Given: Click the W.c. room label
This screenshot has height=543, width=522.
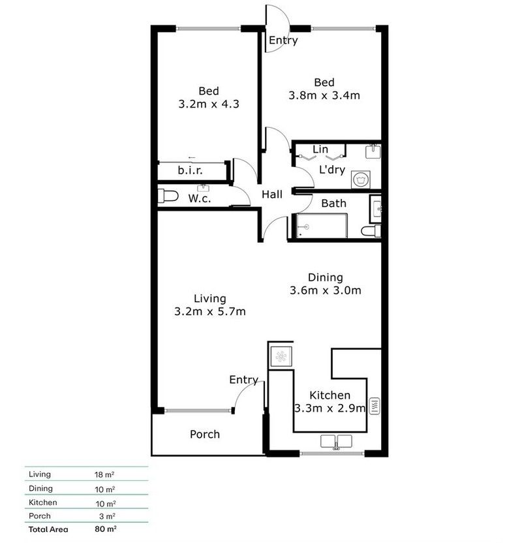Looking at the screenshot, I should [200, 198].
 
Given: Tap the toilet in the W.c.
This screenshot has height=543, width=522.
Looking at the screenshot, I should [168, 196].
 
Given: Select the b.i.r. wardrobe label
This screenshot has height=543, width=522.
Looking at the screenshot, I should [191, 171].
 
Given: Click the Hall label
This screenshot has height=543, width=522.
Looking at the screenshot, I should [272, 194].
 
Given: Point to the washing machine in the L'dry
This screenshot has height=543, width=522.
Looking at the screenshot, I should [358, 178].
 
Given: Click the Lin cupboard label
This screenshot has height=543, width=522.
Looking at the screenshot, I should [320, 149].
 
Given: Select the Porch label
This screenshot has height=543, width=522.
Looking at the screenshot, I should [205, 434].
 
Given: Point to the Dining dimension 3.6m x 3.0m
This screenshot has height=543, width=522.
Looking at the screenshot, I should [325, 290].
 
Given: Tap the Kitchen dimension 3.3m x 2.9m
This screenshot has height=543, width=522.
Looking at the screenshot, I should [330, 408].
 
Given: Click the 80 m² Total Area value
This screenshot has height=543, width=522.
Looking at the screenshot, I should [105, 529].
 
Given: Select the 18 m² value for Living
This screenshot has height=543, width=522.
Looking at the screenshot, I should [104, 474].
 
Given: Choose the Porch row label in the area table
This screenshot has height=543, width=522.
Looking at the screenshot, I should [40, 516].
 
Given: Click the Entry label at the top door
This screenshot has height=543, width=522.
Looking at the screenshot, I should [283, 40].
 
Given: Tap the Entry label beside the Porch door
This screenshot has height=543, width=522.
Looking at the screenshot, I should [243, 380].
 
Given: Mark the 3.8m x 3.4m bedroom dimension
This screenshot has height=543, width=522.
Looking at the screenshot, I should [324, 95].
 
